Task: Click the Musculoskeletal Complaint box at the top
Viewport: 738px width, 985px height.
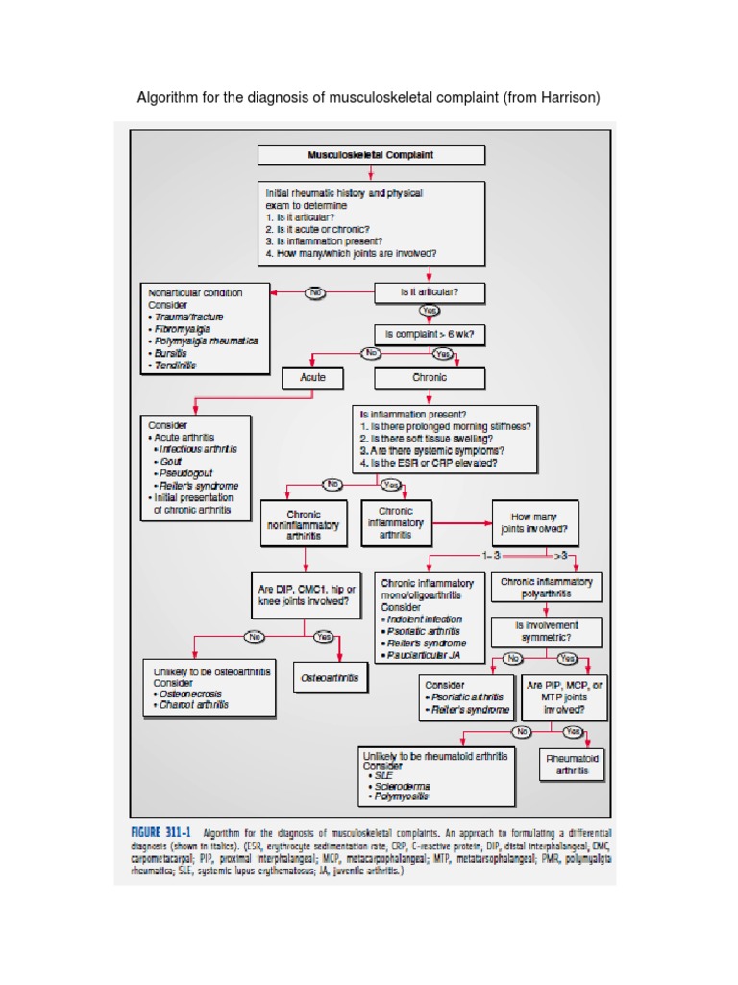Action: tap(371, 155)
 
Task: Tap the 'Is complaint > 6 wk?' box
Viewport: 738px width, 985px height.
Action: tap(429, 335)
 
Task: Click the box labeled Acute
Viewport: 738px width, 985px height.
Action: tap(312, 378)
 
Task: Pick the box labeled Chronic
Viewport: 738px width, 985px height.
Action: tap(430, 378)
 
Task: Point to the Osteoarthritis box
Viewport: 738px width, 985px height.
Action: tap(330, 678)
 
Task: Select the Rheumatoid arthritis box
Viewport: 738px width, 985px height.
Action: tap(572, 765)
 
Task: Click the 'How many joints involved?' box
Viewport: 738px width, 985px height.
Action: tap(535, 522)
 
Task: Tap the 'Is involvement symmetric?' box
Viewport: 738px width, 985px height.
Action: tap(548, 631)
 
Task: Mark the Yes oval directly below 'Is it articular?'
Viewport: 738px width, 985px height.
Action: tap(430, 312)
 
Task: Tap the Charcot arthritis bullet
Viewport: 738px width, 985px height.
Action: tap(195, 705)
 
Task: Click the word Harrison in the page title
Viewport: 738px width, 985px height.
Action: tap(571, 99)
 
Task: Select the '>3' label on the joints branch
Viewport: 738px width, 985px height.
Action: tap(561, 556)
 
